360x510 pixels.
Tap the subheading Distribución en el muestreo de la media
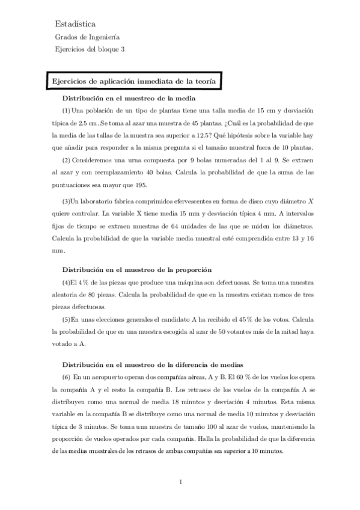point(130,98)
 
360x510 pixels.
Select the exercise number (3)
point(67,200)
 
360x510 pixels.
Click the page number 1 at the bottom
point(180,481)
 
